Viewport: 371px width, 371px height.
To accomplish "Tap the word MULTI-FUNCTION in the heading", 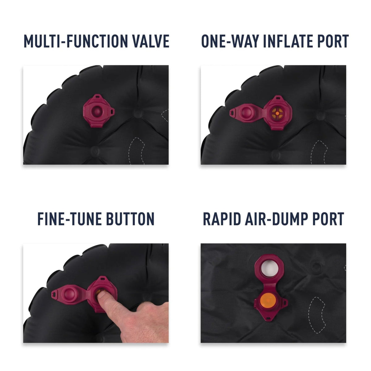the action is (x=76, y=41).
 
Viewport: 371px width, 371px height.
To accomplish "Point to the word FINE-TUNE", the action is (x=70, y=219).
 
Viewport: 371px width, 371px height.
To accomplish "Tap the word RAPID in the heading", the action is (x=222, y=219).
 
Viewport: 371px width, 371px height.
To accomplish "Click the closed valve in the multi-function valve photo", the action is (x=98, y=111).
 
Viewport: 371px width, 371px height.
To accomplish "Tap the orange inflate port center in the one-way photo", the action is (x=277, y=113).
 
